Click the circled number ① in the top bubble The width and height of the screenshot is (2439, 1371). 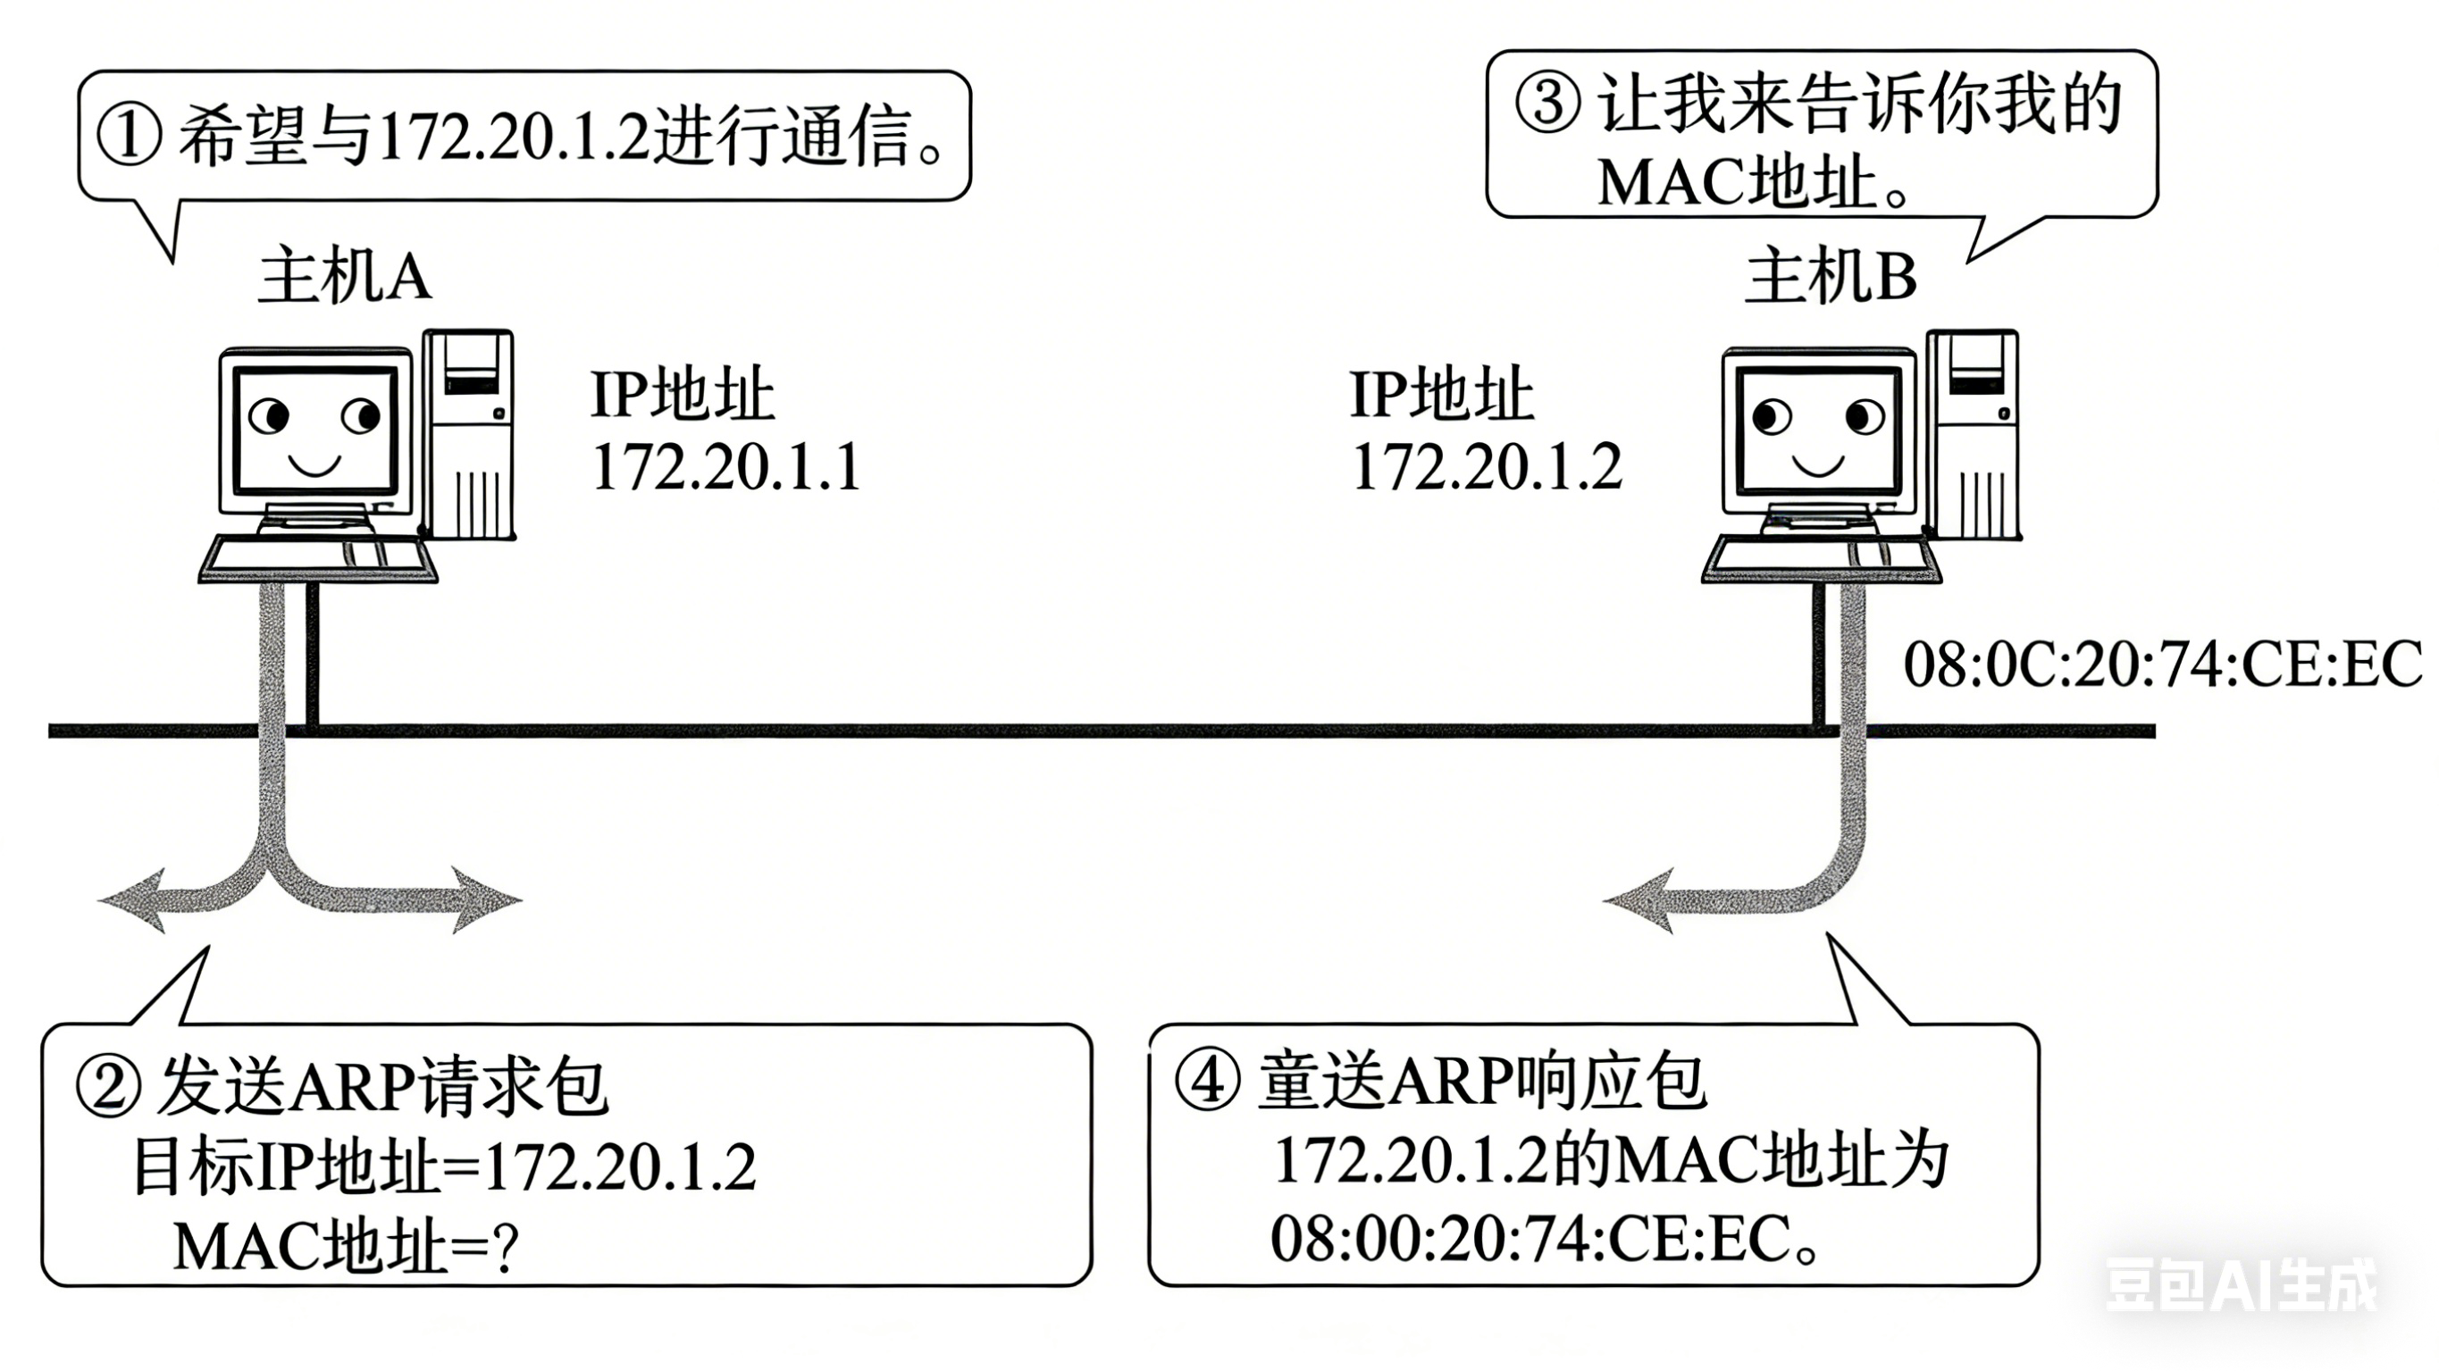(x=130, y=136)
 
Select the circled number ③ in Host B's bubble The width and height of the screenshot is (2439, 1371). (x=1547, y=104)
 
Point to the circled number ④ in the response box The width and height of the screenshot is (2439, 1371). (x=1206, y=1082)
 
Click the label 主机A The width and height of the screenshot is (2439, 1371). (x=345, y=277)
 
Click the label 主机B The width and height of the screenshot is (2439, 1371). (x=1831, y=277)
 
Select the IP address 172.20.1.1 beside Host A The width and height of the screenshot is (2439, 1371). (x=726, y=468)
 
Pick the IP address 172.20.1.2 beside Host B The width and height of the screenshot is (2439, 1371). (x=1487, y=468)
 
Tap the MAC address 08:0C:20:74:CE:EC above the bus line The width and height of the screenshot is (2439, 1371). (x=2161, y=665)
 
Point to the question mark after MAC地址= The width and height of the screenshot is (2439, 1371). (x=507, y=1248)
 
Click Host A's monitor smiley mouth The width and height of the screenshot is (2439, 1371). (x=314, y=466)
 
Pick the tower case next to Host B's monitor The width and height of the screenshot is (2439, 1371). (x=1974, y=436)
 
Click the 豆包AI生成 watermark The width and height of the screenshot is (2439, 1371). (x=2240, y=1286)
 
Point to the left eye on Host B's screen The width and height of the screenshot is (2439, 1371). (x=1770, y=416)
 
